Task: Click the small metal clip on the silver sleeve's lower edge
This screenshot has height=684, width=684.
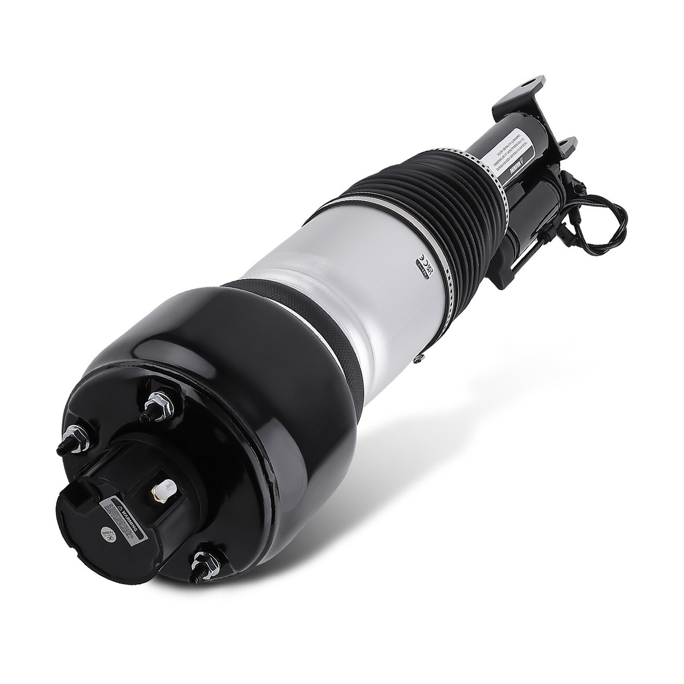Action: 420,357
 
